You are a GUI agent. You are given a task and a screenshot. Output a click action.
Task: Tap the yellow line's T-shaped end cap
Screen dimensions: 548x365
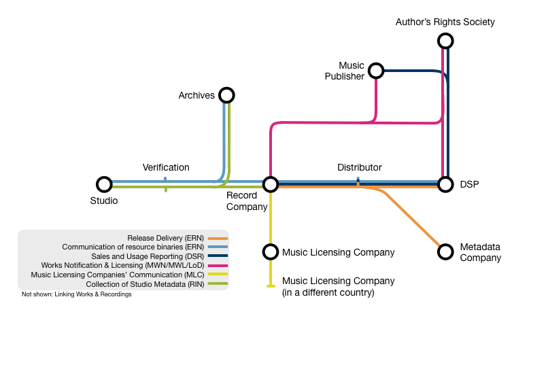(271, 286)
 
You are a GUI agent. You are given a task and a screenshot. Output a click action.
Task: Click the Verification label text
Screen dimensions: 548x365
(166, 167)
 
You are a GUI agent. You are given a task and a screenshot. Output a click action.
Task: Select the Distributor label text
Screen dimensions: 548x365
(359, 167)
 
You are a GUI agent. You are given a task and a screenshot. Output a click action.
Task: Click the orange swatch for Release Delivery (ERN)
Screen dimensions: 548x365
(218, 238)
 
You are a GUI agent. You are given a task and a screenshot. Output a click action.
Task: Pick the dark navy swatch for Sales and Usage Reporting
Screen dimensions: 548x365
(218, 256)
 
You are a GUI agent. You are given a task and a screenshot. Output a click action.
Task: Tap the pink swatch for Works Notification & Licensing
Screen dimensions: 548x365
(218, 266)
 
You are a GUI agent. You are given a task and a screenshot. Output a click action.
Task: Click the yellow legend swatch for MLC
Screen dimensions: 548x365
(218, 275)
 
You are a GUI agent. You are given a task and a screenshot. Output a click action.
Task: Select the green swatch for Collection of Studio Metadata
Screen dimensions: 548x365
(218, 283)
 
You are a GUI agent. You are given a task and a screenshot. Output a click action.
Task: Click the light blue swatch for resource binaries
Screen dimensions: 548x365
(218, 247)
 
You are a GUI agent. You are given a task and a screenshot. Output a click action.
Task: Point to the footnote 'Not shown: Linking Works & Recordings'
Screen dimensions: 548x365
(77, 294)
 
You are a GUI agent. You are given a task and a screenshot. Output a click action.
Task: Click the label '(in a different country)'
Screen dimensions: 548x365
(328, 293)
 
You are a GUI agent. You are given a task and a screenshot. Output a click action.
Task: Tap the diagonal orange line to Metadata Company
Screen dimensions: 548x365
(413, 218)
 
